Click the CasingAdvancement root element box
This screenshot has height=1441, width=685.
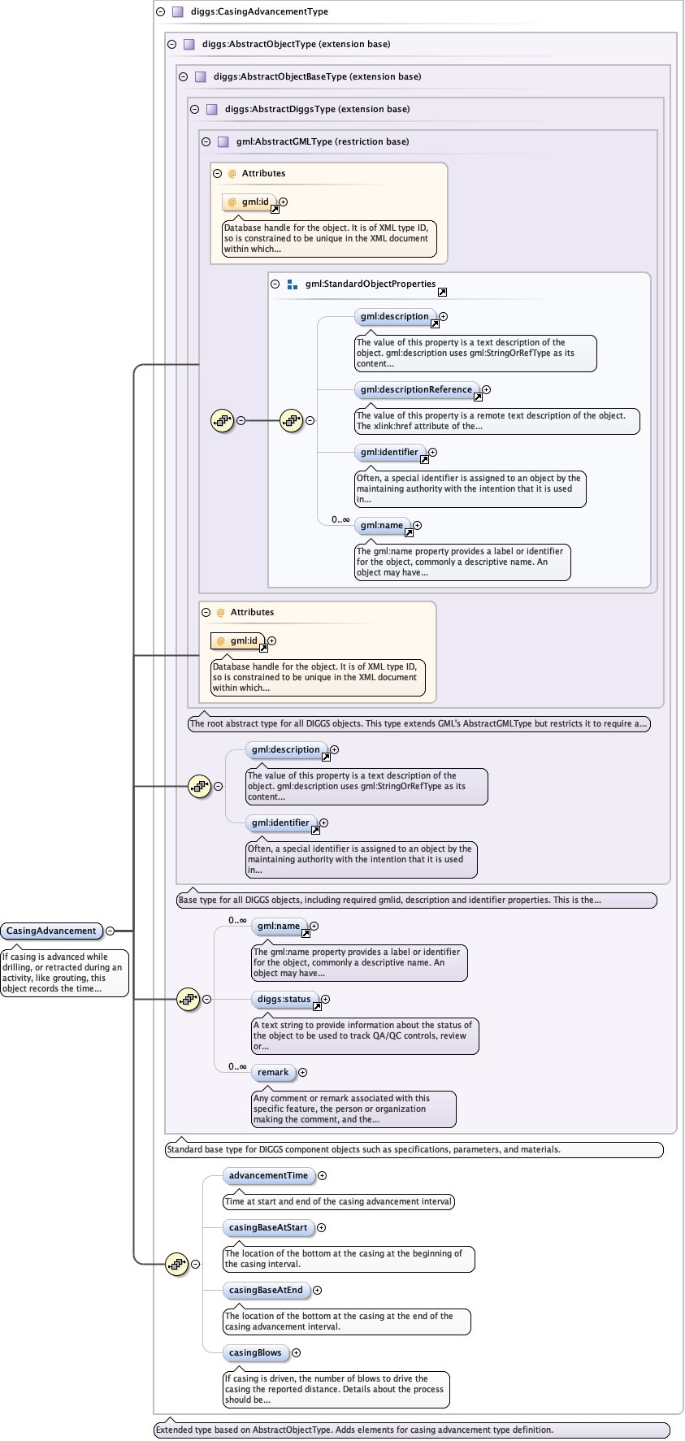click(x=51, y=931)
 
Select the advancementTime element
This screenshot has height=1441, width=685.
click(x=268, y=1175)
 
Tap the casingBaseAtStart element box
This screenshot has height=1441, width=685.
click(x=267, y=1227)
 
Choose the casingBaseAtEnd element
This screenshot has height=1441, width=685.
click(x=266, y=1290)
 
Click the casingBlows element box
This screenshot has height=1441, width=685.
click(x=255, y=1352)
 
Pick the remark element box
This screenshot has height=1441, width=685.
click(x=273, y=1072)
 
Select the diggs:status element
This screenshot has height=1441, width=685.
click(x=284, y=999)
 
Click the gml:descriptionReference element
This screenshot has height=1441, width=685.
click(x=416, y=389)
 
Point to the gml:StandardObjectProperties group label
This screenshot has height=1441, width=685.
click(x=371, y=284)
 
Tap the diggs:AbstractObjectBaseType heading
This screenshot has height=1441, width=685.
click(x=317, y=76)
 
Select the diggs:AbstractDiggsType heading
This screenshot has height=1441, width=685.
click(x=317, y=109)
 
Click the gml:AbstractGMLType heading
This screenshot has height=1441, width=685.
click(x=322, y=141)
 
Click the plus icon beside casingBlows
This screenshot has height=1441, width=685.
click(x=297, y=1352)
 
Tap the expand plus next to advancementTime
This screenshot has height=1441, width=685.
click(x=323, y=1175)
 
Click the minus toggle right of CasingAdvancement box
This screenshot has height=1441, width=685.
click(x=110, y=931)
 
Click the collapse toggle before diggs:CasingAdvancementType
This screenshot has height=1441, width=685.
click(x=161, y=11)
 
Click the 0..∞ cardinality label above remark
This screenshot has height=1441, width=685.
click(x=237, y=1066)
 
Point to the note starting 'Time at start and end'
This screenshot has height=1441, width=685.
click(x=338, y=1201)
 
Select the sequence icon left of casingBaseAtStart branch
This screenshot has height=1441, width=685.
click(x=176, y=1264)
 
